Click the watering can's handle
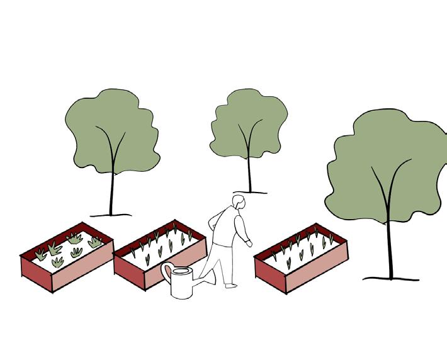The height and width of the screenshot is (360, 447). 167,273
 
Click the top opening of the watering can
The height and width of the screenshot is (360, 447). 182,271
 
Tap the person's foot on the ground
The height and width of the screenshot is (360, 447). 231,285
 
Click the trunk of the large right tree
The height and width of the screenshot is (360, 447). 390,245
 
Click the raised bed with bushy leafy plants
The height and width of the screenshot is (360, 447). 66,252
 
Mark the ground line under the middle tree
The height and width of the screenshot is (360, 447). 250,192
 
